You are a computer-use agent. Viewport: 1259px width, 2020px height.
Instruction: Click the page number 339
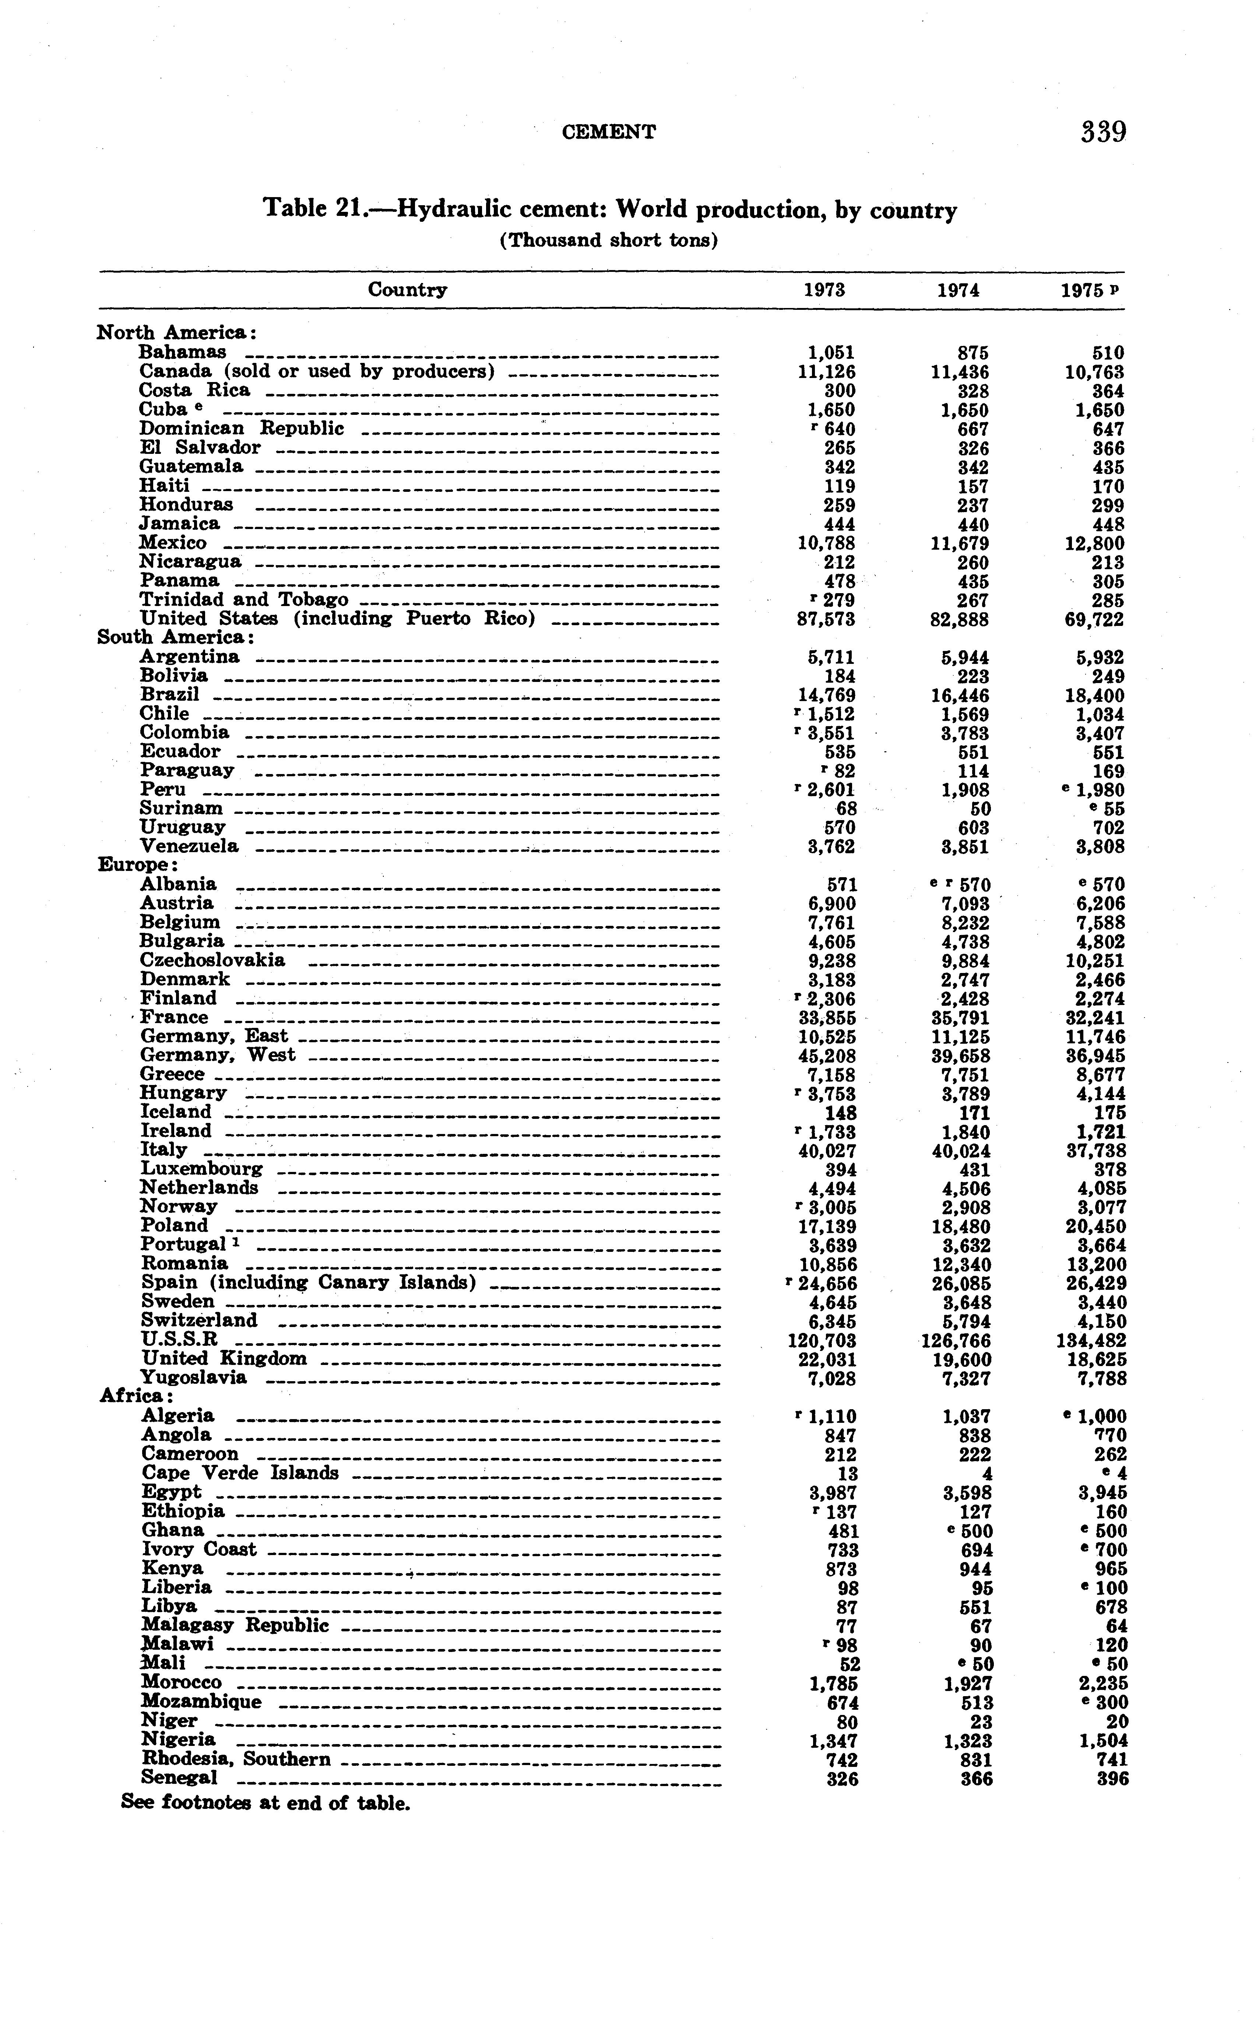tap(1103, 133)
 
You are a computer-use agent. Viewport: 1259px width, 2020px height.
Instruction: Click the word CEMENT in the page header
tap(609, 132)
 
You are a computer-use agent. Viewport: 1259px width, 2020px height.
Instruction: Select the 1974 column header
tap(959, 291)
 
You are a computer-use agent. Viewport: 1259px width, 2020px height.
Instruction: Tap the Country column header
tap(407, 290)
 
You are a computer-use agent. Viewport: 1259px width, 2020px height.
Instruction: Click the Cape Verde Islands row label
tap(240, 1473)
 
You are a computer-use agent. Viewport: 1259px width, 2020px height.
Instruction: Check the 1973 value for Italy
tap(827, 1151)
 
